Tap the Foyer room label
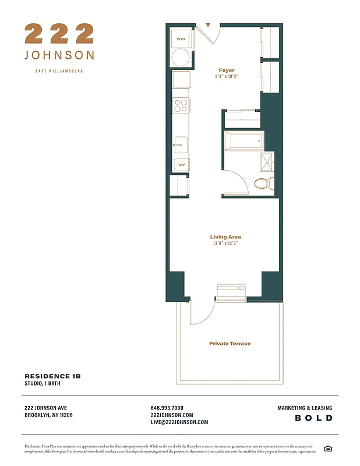227,70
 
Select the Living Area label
225,237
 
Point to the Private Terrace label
230,344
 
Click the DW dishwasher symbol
181,165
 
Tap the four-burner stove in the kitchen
181,105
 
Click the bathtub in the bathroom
243,141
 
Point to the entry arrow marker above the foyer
208,26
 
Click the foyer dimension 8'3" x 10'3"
227,77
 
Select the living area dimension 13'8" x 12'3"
225,243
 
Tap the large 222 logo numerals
59,34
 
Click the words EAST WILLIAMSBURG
59,71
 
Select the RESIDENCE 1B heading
52,376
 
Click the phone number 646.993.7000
167,408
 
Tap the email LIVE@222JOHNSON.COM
179,422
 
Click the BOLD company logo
313,418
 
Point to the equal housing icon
328,448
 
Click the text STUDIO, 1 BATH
42,384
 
